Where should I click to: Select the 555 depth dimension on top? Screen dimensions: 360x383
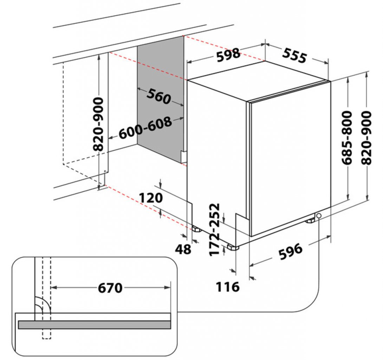tap(294, 55)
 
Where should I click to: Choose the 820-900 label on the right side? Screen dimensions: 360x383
tap(366, 138)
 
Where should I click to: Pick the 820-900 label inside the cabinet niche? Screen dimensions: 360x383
tap(99, 124)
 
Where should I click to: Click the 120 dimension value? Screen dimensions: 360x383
tap(151, 198)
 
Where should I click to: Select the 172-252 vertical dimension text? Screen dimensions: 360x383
tap(215, 229)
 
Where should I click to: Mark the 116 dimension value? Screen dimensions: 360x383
tap(227, 287)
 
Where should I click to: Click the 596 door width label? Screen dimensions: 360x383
tap(290, 251)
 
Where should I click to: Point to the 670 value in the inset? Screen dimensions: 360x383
tap(110, 288)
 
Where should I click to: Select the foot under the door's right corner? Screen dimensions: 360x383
tap(311, 221)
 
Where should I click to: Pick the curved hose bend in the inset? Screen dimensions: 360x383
tap(43, 304)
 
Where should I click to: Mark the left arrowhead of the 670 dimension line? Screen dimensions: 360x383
tap(54, 288)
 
